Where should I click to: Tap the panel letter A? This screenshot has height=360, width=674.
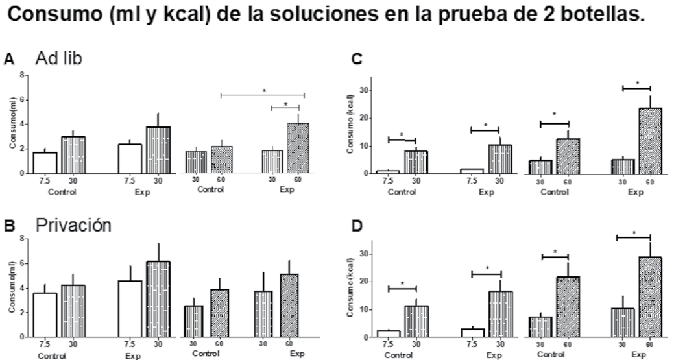[8, 59]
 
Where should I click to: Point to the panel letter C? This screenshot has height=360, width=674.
[355, 60]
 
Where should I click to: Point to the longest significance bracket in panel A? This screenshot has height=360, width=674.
[263, 95]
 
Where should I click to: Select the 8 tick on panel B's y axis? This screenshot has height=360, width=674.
[23, 239]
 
